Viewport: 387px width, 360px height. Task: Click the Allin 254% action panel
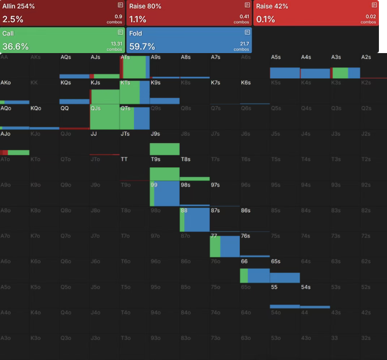pyautogui.click(x=62, y=13)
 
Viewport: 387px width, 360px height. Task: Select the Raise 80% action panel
pyautogui.click(x=189, y=13)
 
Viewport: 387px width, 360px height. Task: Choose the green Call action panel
pyautogui.click(x=62, y=40)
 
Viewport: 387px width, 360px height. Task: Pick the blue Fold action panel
pyautogui.click(x=189, y=40)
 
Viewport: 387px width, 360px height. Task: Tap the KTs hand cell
pyautogui.click(x=135, y=92)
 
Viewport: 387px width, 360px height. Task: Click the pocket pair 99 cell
pyautogui.click(x=165, y=193)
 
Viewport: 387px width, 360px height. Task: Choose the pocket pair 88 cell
pyautogui.click(x=195, y=219)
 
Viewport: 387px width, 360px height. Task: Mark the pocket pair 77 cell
pyautogui.click(x=225, y=244)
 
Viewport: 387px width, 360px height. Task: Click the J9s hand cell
pyautogui.click(x=165, y=142)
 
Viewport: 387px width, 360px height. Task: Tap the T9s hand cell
pyautogui.click(x=165, y=168)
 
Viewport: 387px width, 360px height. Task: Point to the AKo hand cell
pyautogui.click(x=14, y=92)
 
